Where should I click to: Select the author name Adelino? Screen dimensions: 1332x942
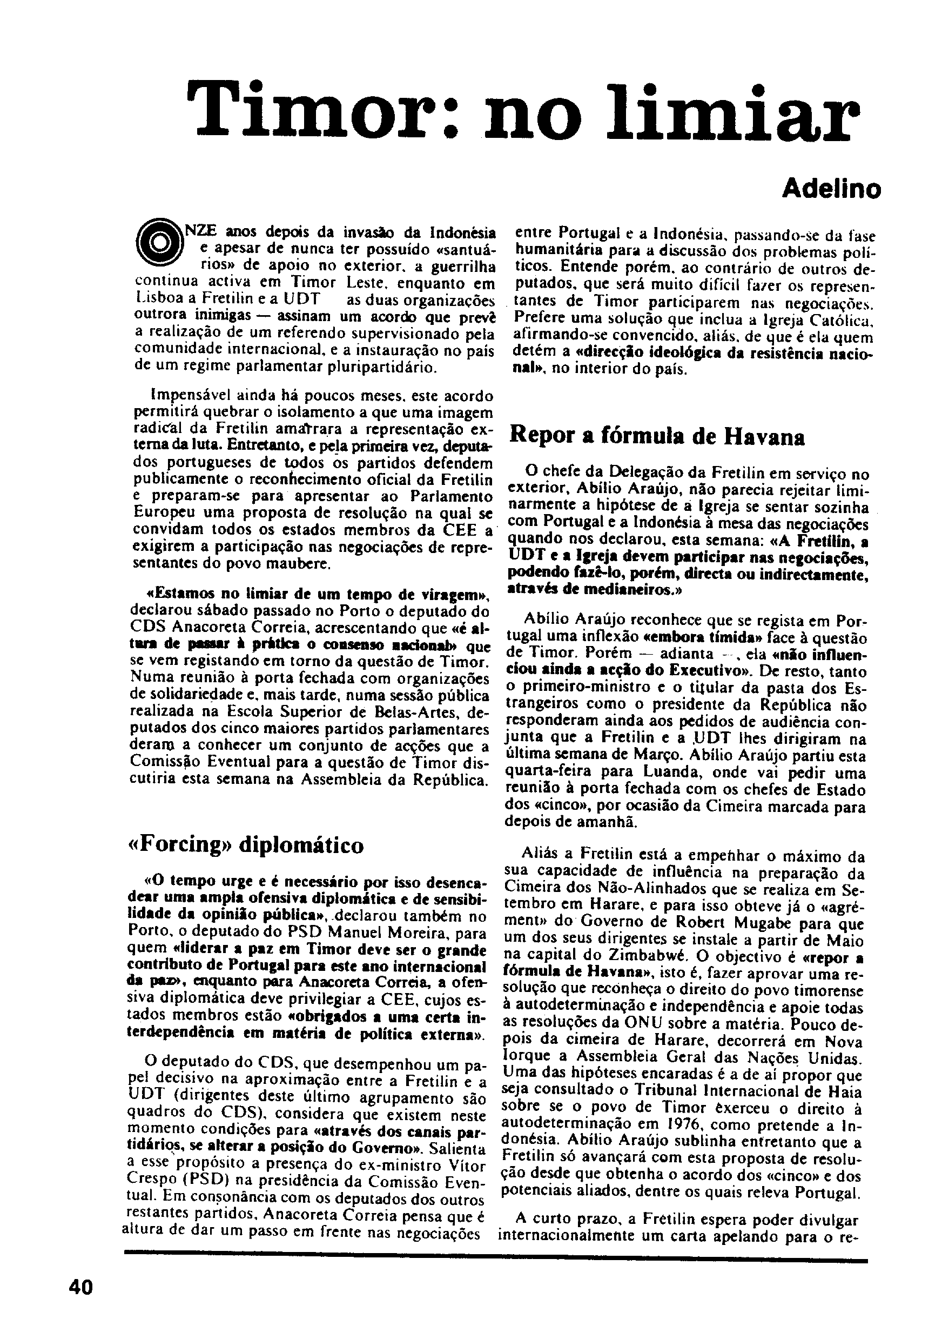click(x=831, y=189)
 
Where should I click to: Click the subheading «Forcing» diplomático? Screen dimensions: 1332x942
click(x=245, y=844)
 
